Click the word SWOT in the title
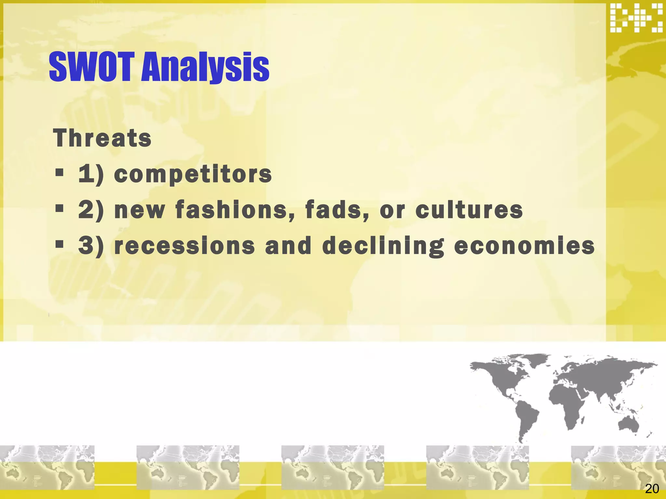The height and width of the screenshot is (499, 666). tap(91, 67)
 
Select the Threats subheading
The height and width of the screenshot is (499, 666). tap(102, 138)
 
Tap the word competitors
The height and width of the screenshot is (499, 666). tap(193, 174)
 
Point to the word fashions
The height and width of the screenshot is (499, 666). tap(235, 210)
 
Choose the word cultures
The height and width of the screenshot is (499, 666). tap(469, 210)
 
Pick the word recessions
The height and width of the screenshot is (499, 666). tap(185, 246)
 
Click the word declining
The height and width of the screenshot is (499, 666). tap(383, 246)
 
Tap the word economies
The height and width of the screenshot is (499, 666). tap(524, 246)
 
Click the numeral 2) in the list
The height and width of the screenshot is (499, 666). tap(91, 210)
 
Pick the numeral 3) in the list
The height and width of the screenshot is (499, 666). tap(91, 246)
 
